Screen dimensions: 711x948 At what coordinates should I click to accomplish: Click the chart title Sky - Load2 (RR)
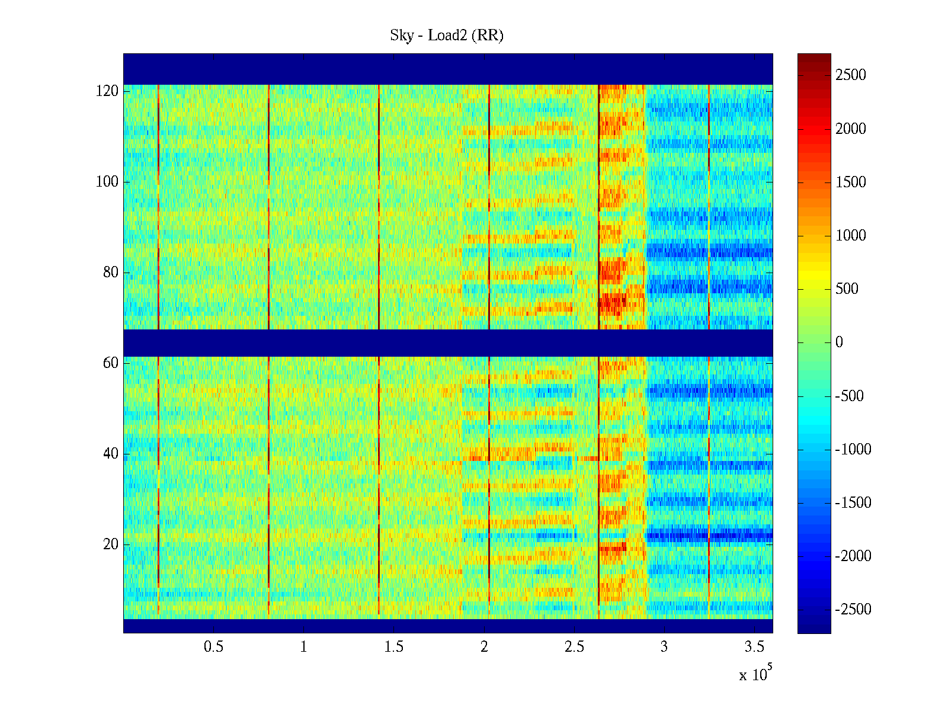click(447, 36)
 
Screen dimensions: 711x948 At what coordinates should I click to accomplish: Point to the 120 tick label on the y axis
click(107, 91)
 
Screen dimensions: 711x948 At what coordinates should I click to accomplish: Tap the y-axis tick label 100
click(107, 182)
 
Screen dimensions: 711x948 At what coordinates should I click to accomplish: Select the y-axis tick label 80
click(111, 273)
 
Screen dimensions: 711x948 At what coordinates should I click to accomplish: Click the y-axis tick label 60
click(111, 363)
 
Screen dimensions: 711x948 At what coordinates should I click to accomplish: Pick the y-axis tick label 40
click(111, 454)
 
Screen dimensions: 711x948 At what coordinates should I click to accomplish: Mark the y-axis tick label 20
click(111, 545)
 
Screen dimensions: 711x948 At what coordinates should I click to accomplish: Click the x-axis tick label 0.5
click(213, 647)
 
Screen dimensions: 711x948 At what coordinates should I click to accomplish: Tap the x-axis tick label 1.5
click(393, 647)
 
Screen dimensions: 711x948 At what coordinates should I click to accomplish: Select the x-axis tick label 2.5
click(574, 647)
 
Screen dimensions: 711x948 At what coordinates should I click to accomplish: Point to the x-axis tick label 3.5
click(754, 647)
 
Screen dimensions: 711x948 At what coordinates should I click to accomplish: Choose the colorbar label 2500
click(851, 75)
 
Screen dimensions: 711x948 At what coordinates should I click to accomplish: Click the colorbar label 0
click(839, 342)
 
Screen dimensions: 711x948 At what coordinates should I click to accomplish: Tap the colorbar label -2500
click(853, 610)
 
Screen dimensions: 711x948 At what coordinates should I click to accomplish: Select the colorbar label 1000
click(851, 236)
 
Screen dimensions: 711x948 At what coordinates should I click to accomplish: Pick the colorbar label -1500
click(853, 503)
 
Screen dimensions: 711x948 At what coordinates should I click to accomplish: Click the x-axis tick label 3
click(664, 647)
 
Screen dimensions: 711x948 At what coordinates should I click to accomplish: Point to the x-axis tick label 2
click(484, 647)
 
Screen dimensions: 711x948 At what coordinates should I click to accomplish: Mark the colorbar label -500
click(850, 396)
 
